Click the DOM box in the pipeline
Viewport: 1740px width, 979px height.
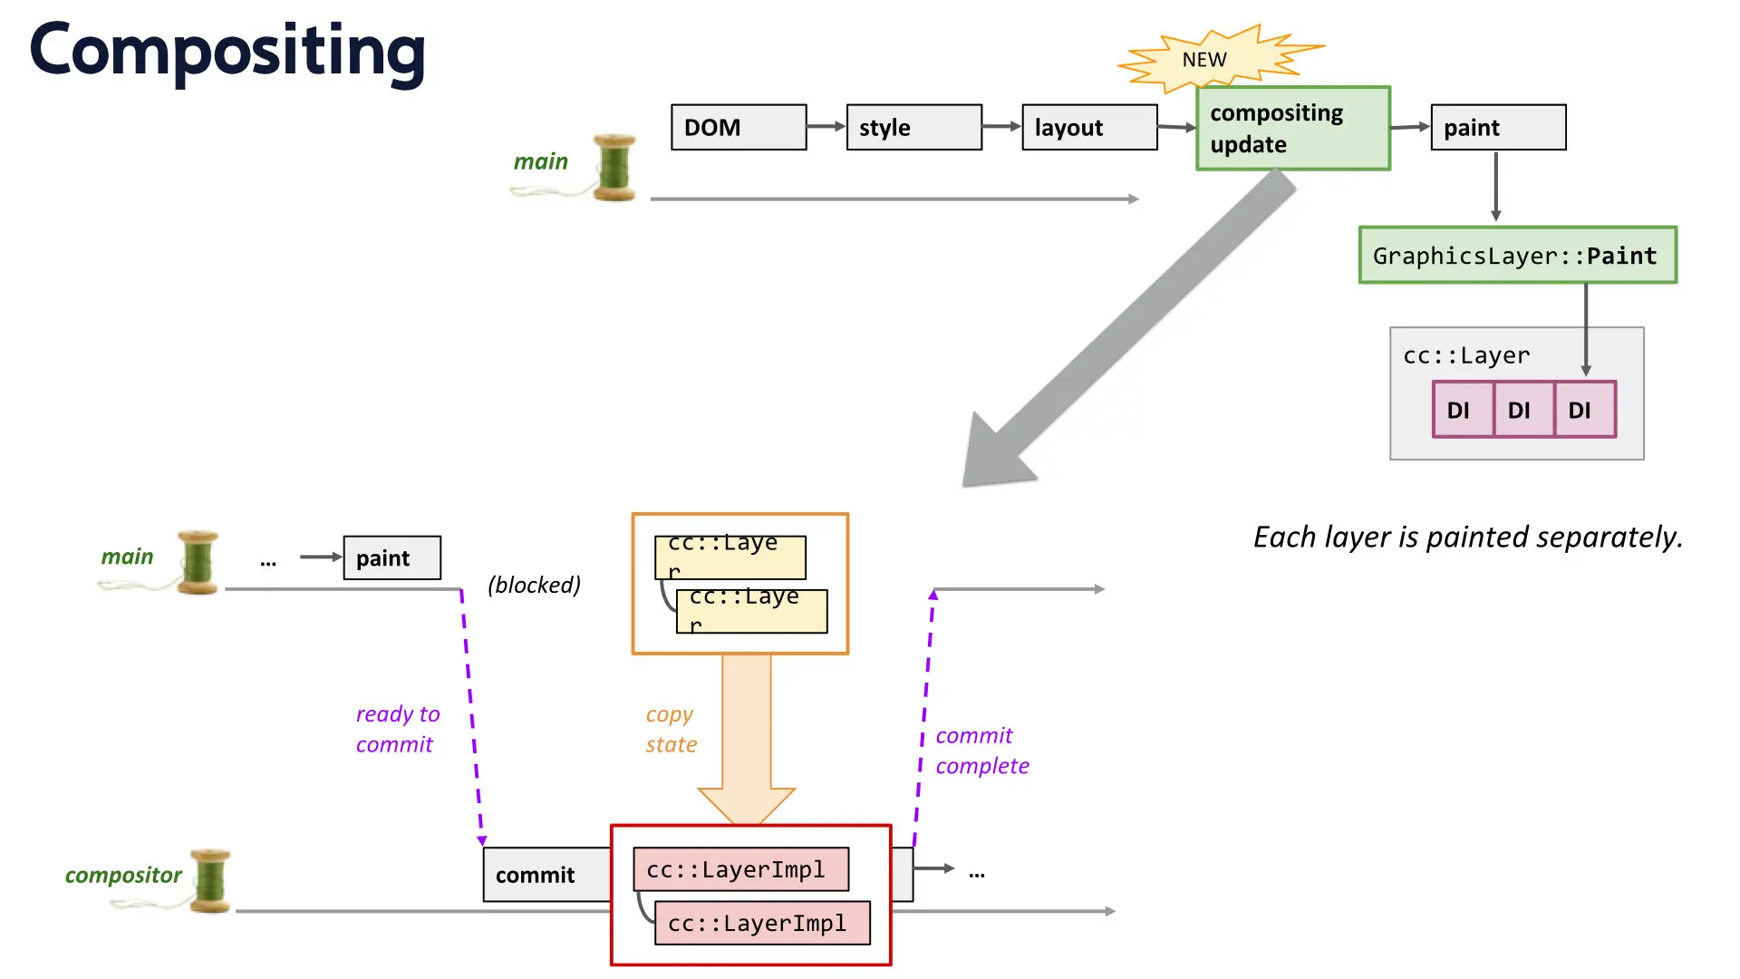739,127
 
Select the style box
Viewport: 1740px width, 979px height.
914,127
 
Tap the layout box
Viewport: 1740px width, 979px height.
1089,127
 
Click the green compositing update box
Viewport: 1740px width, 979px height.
1293,128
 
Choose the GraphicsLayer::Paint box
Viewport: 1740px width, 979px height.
1518,255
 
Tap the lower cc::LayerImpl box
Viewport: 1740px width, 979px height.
762,923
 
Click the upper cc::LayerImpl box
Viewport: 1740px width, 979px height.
741,869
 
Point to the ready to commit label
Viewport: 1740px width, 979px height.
398,729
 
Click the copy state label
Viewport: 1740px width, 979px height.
672,729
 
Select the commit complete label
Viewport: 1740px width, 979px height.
982,751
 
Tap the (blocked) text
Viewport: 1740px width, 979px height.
534,585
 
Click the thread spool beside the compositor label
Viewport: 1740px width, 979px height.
210,881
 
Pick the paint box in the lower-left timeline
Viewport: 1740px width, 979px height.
392,557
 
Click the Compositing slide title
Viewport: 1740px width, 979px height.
227,51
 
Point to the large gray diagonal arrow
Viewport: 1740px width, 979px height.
1129,328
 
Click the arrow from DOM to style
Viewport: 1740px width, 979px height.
826,127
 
